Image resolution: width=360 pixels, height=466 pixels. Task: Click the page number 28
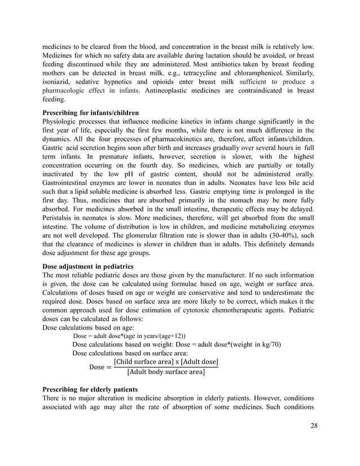(x=314, y=425)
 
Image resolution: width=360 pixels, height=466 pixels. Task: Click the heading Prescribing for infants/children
(x=91, y=113)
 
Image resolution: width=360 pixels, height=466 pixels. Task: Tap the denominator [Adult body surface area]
(x=165, y=372)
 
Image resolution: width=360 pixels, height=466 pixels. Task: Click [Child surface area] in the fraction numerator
(x=143, y=362)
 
